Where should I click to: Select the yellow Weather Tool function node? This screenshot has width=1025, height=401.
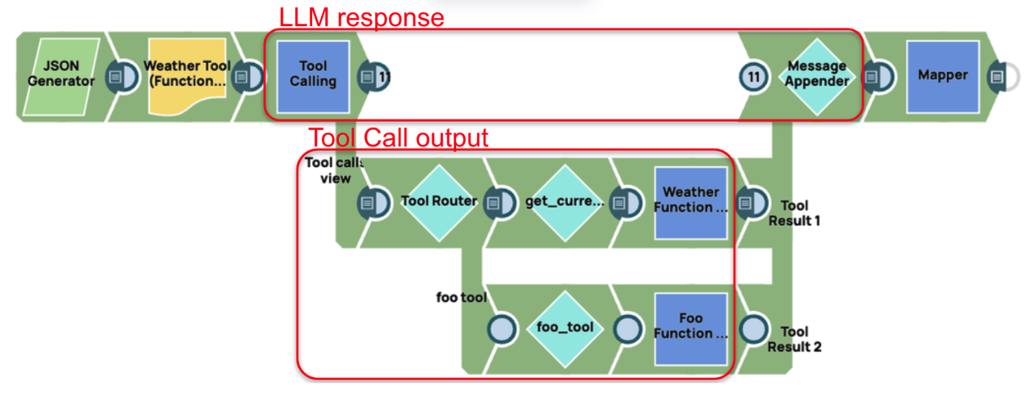click(x=187, y=76)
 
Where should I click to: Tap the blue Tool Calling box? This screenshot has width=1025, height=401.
click(x=313, y=76)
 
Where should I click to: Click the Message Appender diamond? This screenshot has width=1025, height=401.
click(x=816, y=76)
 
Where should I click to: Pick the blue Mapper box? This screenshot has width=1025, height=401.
click(x=943, y=76)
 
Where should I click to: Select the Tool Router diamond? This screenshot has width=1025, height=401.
click(x=438, y=202)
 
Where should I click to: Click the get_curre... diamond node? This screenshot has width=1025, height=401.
click(x=564, y=202)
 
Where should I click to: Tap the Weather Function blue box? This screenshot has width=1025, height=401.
click(x=690, y=202)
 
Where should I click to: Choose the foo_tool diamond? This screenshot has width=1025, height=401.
click(x=564, y=328)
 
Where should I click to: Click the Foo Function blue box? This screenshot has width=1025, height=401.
click(x=690, y=328)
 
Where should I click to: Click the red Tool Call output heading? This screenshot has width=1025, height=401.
click(x=398, y=137)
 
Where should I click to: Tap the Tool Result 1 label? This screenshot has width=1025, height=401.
click(x=794, y=213)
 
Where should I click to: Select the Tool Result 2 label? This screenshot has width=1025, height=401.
click(x=794, y=339)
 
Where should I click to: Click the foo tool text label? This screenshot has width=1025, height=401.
click(x=461, y=297)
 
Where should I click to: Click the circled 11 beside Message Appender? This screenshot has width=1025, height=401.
click(x=754, y=77)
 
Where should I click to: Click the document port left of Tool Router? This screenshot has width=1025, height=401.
click(x=369, y=203)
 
